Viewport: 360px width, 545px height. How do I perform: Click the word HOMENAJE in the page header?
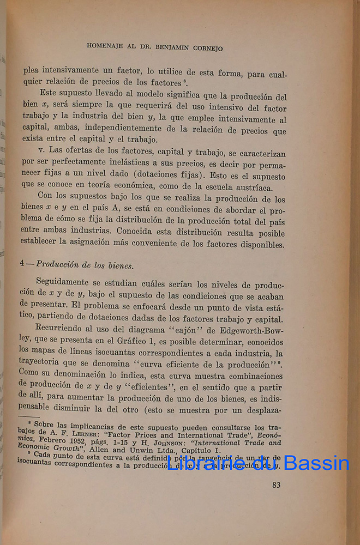pos(105,46)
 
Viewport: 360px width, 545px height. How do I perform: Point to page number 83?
pos(276,485)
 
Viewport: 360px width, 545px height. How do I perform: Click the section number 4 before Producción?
pos(22,263)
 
